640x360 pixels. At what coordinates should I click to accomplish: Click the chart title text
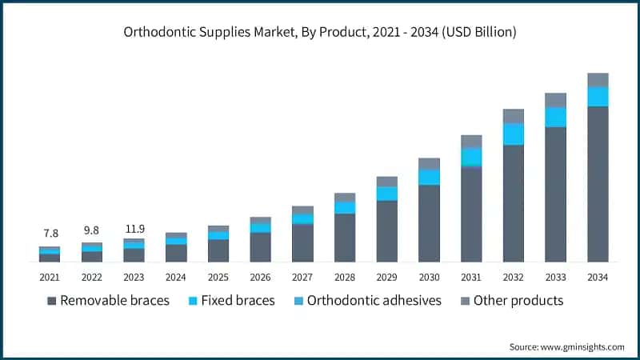(320, 33)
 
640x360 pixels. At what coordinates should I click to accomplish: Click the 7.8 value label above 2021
(50, 234)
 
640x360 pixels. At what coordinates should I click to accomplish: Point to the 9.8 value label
(92, 230)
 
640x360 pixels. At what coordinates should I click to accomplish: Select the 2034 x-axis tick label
(598, 277)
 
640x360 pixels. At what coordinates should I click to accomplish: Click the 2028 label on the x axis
(345, 277)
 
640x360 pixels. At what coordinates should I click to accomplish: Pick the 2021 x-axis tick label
(50, 277)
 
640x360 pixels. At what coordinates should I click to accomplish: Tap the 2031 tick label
(471, 277)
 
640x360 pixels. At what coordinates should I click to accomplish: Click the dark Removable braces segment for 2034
(598, 184)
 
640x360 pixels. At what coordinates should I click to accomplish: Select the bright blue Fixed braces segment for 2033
(555, 117)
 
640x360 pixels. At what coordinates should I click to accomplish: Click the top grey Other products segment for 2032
(514, 116)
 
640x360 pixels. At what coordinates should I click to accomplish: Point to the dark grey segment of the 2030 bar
(429, 223)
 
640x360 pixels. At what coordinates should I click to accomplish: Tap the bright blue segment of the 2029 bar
(387, 194)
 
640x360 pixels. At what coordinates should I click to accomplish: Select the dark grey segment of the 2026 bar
(261, 247)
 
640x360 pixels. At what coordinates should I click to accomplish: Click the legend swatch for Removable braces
(52, 301)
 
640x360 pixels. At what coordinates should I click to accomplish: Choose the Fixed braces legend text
(238, 301)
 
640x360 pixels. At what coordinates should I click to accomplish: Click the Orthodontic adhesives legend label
(374, 301)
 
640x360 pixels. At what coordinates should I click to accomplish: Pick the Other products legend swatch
(466, 301)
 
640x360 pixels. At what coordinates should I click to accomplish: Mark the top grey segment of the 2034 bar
(598, 80)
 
